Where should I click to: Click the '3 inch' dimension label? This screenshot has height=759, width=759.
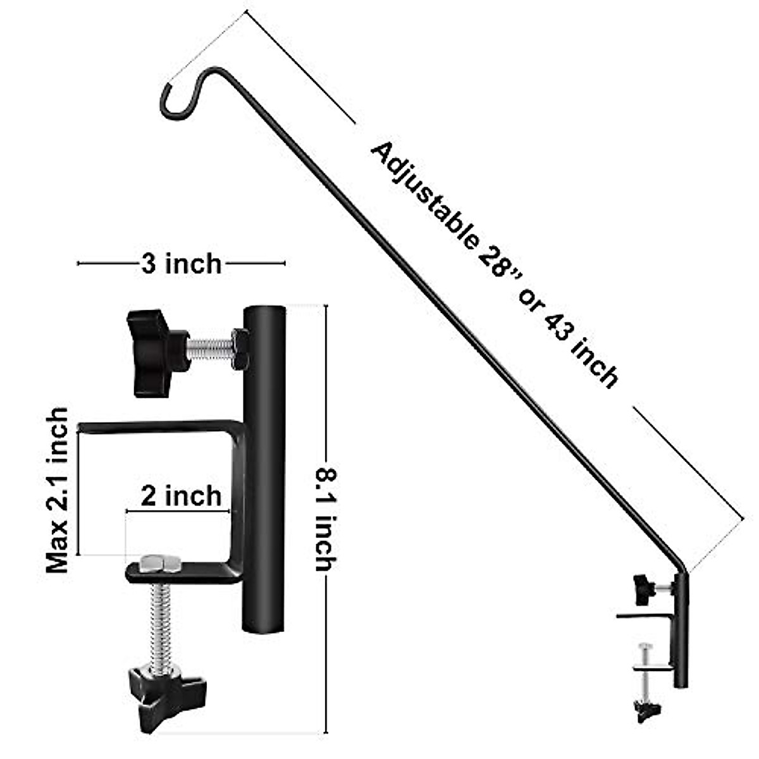(x=181, y=264)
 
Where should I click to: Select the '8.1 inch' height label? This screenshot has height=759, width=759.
(x=326, y=519)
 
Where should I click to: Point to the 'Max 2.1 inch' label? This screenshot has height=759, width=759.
(x=57, y=490)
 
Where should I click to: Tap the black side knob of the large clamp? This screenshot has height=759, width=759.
(x=157, y=352)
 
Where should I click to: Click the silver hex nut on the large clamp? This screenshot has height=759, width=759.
(x=160, y=564)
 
